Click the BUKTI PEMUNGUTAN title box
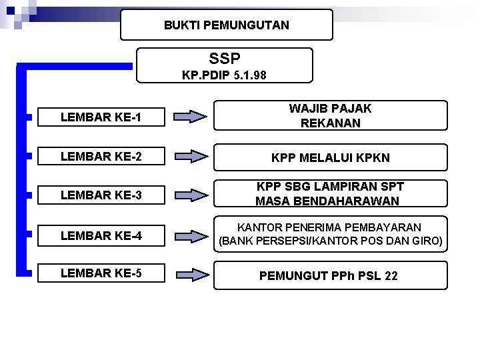[x=227, y=25]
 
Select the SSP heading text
[x=224, y=58]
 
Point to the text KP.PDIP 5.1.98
[x=224, y=75]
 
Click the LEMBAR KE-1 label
[x=100, y=118]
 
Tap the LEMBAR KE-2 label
[x=100, y=157]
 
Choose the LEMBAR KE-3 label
[x=100, y=195]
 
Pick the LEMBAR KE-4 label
[x=100, y=234]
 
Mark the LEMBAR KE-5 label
[x=100, y=273]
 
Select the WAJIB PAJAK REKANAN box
[x=330, y=116]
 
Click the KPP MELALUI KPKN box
[x=330, y=158]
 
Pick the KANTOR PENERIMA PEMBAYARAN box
[x=330, y=234]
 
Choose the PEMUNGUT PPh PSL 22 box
[x=330, y=275]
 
